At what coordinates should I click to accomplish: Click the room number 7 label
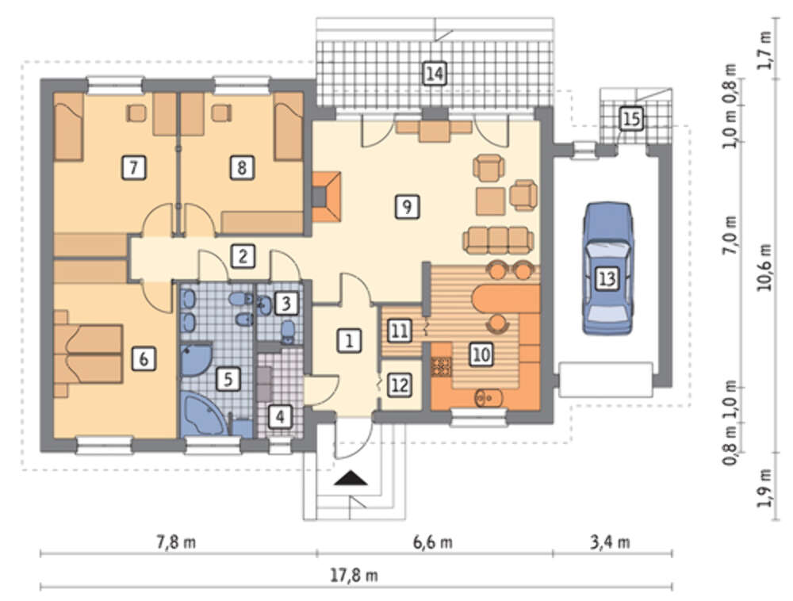(134, 168)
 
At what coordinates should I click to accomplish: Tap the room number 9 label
(407, 206)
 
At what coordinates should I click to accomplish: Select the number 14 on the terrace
(435, 74)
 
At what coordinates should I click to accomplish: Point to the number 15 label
(631, 119)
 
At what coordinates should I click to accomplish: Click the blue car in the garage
(607, 269)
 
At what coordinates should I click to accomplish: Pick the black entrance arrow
(351, 478)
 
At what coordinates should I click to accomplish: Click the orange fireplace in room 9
(326, 197)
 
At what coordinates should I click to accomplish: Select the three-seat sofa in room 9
(498, 240)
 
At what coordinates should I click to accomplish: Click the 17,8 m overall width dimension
(354, 575)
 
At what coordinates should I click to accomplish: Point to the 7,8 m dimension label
(176, 542)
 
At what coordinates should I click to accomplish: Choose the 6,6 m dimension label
(433, 542)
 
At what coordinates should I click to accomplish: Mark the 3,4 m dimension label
(610, 542)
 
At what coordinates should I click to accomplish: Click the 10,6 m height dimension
(764, 268)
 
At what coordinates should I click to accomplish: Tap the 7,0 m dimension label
(730, 235)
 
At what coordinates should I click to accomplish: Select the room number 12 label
(400, 385)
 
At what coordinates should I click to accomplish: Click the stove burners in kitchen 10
(441, 366)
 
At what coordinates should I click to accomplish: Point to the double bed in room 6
(89, 354)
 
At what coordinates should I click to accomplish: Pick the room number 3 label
(286, 304)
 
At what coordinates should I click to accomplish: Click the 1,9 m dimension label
(764, 488)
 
